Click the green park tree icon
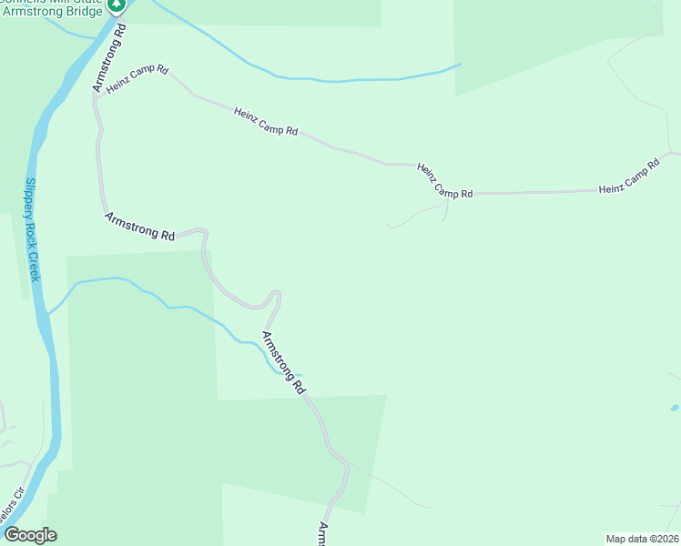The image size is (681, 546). tap(117, 5)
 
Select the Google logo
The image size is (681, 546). tap(29, 535)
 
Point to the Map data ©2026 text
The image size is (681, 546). tap(642, 539)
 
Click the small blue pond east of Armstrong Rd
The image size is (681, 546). tap(674, 407)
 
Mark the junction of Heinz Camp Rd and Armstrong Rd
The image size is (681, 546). tap(95, 94)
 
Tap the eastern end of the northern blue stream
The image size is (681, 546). tap(460, 65)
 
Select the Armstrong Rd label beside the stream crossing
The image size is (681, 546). tap(283, 362)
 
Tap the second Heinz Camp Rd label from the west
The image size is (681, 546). tap(266, 121)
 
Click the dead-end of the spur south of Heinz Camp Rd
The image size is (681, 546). tap(389, 226)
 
